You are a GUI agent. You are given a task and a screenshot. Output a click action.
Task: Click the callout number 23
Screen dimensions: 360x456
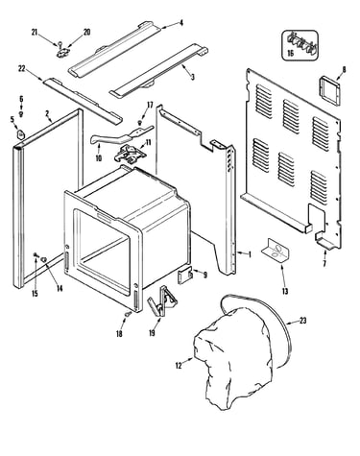[x=302, y=320]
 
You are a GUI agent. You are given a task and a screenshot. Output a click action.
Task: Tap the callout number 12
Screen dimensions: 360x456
[x=179, y=365]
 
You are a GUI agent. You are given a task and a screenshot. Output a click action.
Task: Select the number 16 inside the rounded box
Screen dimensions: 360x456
[x=290, y=53]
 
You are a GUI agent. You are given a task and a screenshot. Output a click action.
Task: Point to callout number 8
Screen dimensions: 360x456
[x=344, y=69]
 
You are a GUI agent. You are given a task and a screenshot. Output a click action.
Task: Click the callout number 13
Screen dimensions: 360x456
[x=285, y=291]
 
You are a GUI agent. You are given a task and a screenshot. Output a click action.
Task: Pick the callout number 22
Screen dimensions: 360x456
[x=22, y=69]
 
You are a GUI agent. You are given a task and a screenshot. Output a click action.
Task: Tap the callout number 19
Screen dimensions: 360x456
[x=152, y=333]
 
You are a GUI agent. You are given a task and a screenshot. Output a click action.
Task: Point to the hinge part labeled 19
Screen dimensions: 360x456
[x=162, y=300]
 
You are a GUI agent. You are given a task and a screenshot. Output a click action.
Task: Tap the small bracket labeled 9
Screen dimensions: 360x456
[x=184, y=276]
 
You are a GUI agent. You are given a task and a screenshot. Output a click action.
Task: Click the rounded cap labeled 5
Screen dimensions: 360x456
[x=20, y=134]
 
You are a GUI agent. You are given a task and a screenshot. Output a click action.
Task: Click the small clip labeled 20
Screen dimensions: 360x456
[x=63, y=52]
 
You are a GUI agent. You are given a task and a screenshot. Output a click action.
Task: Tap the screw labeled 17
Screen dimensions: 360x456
[x=140, y=122]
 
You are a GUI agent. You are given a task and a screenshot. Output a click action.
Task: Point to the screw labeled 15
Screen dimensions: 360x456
[x=36, y=254]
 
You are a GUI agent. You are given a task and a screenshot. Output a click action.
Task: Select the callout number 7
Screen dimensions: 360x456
[x=324, y=264]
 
